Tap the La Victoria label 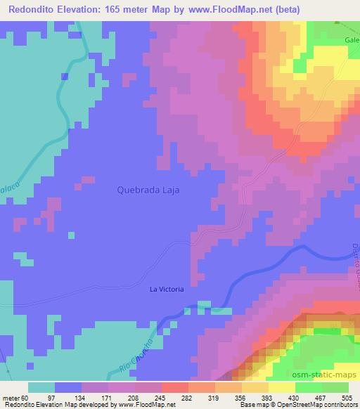[x=167, y=289]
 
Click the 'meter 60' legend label [x=15, y=398]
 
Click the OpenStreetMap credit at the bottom [x=330, y=405]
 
